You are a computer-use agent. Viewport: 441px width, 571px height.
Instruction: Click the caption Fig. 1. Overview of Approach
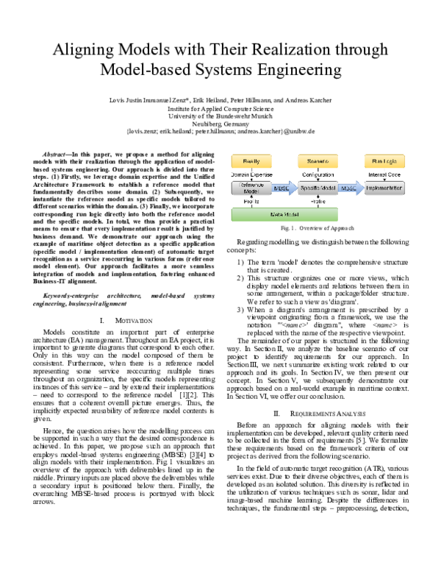(x=317, y=229)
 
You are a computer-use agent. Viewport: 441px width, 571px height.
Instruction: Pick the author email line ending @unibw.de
(x=220, y=130)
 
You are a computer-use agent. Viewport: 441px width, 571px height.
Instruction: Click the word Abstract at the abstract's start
(x=59, y=149)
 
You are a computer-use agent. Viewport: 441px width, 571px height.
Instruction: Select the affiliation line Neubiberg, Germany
(x=220, y=122)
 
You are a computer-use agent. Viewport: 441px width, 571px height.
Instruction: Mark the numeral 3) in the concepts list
(x=239, y=310)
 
